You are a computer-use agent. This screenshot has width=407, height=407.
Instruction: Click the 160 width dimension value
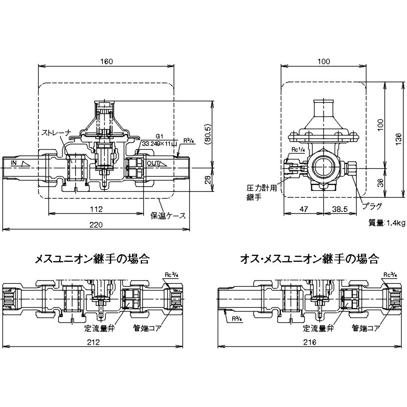coord(107,62)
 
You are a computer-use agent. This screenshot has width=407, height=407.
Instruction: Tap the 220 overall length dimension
coord(96,225)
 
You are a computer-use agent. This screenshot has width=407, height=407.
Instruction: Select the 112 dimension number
coord(96,209)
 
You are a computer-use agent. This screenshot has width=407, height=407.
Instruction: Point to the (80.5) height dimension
coord(208,135)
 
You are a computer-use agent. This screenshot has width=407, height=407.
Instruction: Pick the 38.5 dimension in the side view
coord(340,209)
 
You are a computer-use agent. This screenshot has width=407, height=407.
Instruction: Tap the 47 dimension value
coord(303,209)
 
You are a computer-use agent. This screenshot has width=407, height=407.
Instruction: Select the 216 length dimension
coord(310,342)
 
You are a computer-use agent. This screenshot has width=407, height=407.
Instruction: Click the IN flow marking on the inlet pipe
coord(14,163)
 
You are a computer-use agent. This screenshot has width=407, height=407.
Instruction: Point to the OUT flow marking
coord(153,163)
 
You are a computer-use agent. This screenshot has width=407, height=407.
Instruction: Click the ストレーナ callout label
coord(56,133)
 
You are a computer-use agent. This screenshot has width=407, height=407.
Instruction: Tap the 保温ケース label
coord(168,215)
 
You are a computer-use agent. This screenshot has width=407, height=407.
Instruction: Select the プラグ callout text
coord(372,206)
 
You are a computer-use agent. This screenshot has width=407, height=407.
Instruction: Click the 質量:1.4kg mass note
coord(387,223)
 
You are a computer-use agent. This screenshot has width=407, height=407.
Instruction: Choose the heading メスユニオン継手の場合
coord(92,259)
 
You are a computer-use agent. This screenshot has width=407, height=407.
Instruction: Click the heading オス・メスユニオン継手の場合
coord(309,259)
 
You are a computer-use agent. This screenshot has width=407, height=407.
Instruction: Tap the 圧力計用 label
coord(262,188)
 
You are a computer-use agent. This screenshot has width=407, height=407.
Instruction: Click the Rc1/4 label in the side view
coord(298,150)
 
